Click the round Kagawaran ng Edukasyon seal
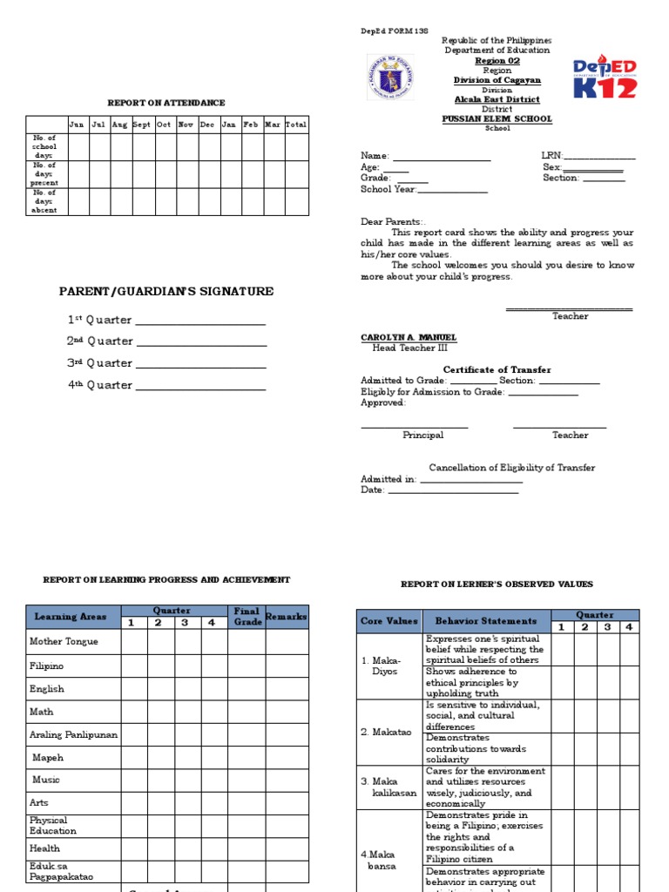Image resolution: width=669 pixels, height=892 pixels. pos(390,77)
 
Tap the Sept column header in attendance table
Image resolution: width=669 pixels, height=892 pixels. pos(142,125)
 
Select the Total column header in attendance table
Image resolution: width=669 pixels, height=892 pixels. pos(296,125)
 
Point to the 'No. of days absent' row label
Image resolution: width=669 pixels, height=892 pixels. pos(45,201)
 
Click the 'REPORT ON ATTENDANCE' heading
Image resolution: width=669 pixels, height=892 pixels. pos(166,103)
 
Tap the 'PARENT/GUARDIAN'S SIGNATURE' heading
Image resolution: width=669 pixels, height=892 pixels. pos(166,292)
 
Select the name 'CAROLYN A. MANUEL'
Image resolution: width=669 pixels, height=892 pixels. pos(409,337)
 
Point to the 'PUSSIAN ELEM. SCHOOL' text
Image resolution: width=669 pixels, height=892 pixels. pos(497,119)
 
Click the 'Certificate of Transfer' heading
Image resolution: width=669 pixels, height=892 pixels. pos(497,369)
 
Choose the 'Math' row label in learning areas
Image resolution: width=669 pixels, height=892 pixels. pos(42,712)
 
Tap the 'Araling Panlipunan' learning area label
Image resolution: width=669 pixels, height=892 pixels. pos(73,734)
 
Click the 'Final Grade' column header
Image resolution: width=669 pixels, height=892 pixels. pos(247,617)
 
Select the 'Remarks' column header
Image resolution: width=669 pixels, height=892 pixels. pos(287,617)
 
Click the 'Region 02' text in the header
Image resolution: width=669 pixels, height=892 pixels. pos(497,61)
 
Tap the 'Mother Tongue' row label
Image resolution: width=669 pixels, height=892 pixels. pos(64,641)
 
